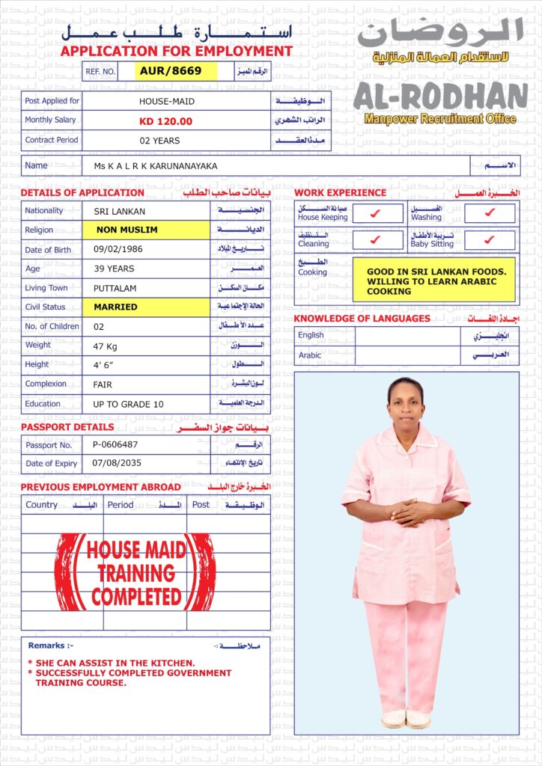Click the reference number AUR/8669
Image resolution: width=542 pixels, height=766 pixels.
click(x=176, y=71)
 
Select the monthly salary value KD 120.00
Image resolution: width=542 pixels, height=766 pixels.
click(x=165, y=121)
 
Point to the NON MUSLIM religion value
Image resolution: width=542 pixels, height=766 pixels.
click(x=127, y=230)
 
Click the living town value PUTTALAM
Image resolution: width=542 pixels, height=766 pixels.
click(x=115, y=288)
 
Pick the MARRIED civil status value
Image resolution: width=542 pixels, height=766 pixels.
click(x=115, y=307)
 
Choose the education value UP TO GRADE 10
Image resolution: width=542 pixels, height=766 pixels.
click(x=129, y=404)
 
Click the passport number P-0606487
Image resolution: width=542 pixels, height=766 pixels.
click(x=115, y=444)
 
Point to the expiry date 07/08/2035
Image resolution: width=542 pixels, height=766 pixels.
click(x=116, y=464)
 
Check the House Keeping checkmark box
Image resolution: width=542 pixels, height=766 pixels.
click(x=377, y=214)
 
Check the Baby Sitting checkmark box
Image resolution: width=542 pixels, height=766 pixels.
click(x=490, y=240)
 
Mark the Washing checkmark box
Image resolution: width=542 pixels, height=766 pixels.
click(x=490, y=214)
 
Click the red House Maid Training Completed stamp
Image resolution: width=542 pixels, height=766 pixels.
click(x=136, y=572)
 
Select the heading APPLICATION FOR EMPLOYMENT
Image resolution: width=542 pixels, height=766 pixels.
click(x=176, y=52)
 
